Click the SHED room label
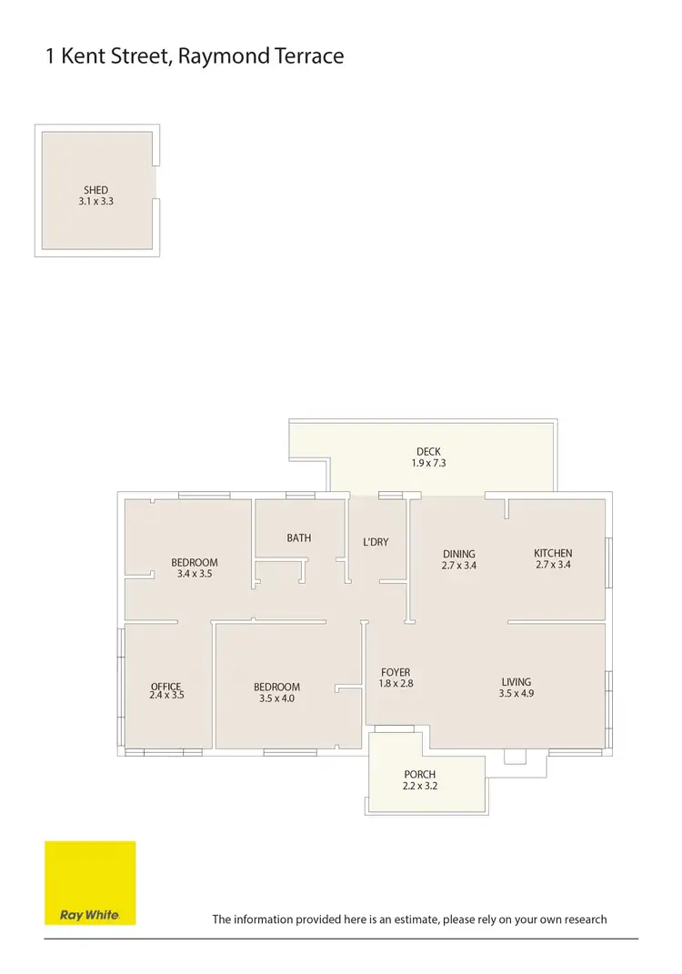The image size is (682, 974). pyautogui.click(x=95, y=190)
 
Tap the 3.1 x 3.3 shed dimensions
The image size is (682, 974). pyautogui.click(x=95, y=201)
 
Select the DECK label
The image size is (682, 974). pyautogui.click(x=428, y=452)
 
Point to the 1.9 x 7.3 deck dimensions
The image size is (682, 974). pyautogui.click(x=428, y=463)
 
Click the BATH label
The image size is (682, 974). pyautogui.click(x=299, y=537)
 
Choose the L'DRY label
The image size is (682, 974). pyautogui.click(x=376, y=542)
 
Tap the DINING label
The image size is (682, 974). pyautogui.click(x=459, y=554)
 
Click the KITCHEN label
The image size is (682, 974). pyautogui.click(x=553, y=553)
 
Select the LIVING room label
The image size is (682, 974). pyautogui.click(x=517, y=682)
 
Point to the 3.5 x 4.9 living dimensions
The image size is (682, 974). pyautogui.click(x=517, y=693)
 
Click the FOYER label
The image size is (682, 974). pyautogui.click(x=395, y=673)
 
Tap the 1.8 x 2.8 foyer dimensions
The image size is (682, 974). pyautogui.click(x=395, y=684)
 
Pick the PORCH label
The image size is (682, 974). pyautogui.click(x=420, y=775)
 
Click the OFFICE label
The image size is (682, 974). pyautogui.click(x=166, y=687)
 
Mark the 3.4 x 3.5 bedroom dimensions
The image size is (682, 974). pyautogui.click(x=195, y=574)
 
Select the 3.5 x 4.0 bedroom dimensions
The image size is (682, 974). pyautogui.click(x=276, y=698)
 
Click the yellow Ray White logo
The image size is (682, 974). pyautogui.click(x=90, y=882)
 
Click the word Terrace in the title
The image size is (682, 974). pyautogui.click(x=308, y=56)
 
